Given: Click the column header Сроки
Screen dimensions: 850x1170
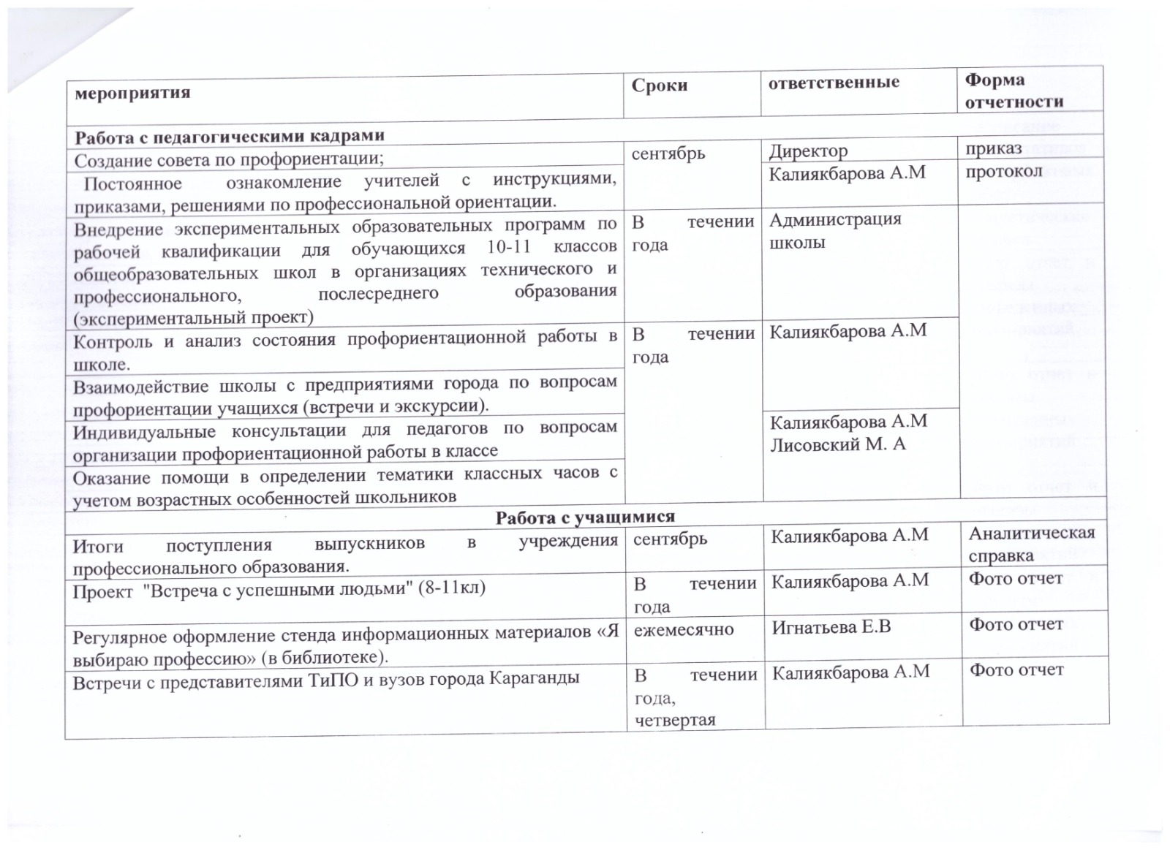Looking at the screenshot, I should coord(660,86).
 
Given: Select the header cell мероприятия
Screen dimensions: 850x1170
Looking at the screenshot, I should coord(132,93).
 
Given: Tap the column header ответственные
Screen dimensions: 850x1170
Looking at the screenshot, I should coord(834,83).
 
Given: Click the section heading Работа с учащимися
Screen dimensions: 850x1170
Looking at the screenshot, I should coord(585,517).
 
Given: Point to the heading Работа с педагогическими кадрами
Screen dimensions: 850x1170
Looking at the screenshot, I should coord(230,137).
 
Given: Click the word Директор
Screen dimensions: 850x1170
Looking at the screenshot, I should coord(808,151).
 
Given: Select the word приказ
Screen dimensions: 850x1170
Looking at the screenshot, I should coord(993,148).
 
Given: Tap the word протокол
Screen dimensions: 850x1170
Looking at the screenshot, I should coord(1003,172).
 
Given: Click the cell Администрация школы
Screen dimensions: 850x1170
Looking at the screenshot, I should coord(835,230).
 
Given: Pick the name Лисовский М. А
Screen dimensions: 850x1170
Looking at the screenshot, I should coord(837,444).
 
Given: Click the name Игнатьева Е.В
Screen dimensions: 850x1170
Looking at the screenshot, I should coord(831,626).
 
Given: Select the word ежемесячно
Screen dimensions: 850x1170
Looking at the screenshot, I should coord(683,629).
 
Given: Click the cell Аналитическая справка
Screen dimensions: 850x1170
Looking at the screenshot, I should coord(1031,544).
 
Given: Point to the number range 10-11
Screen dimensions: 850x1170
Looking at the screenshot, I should coord(509,247).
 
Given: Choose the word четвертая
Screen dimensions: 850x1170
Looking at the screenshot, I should coord(675,721).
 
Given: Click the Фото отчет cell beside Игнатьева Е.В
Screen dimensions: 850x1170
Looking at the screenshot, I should coord(1016,625).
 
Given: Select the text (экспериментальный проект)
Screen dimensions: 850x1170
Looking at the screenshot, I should coord(193,318).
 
